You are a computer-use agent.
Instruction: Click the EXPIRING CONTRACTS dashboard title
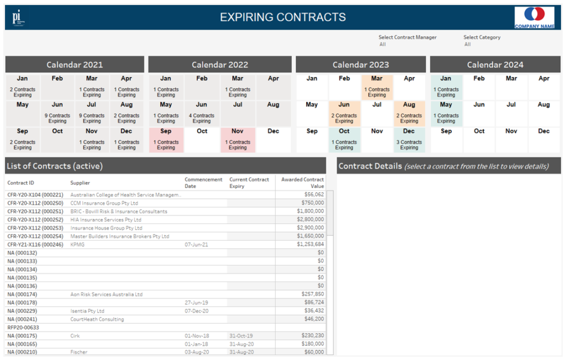[282, 17]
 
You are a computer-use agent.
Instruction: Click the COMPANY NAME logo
[534, 17]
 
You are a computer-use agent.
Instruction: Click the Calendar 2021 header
[75, 65]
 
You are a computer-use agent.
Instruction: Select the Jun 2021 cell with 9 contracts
[57, 113]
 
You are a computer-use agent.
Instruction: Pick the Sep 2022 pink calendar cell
[166, 140]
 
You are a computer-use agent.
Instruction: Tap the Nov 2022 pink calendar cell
[238, 140]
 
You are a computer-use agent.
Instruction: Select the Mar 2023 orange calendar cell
[377, 87]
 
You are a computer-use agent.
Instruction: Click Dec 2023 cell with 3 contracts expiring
[409, 140]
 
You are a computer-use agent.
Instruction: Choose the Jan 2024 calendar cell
[446, 87]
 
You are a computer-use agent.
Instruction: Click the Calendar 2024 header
[495, 65]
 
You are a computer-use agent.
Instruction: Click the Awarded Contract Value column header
[302, 183]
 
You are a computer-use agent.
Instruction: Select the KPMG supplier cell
[77, 244]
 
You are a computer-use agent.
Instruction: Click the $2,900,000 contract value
[310, 228]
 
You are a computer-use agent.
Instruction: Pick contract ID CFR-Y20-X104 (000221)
[35, 195]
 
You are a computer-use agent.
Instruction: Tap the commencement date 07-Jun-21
[196, 244]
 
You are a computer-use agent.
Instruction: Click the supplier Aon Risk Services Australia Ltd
[106, 294]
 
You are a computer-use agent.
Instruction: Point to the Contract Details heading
[370, 166]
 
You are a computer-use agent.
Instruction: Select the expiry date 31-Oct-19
[241, 336]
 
